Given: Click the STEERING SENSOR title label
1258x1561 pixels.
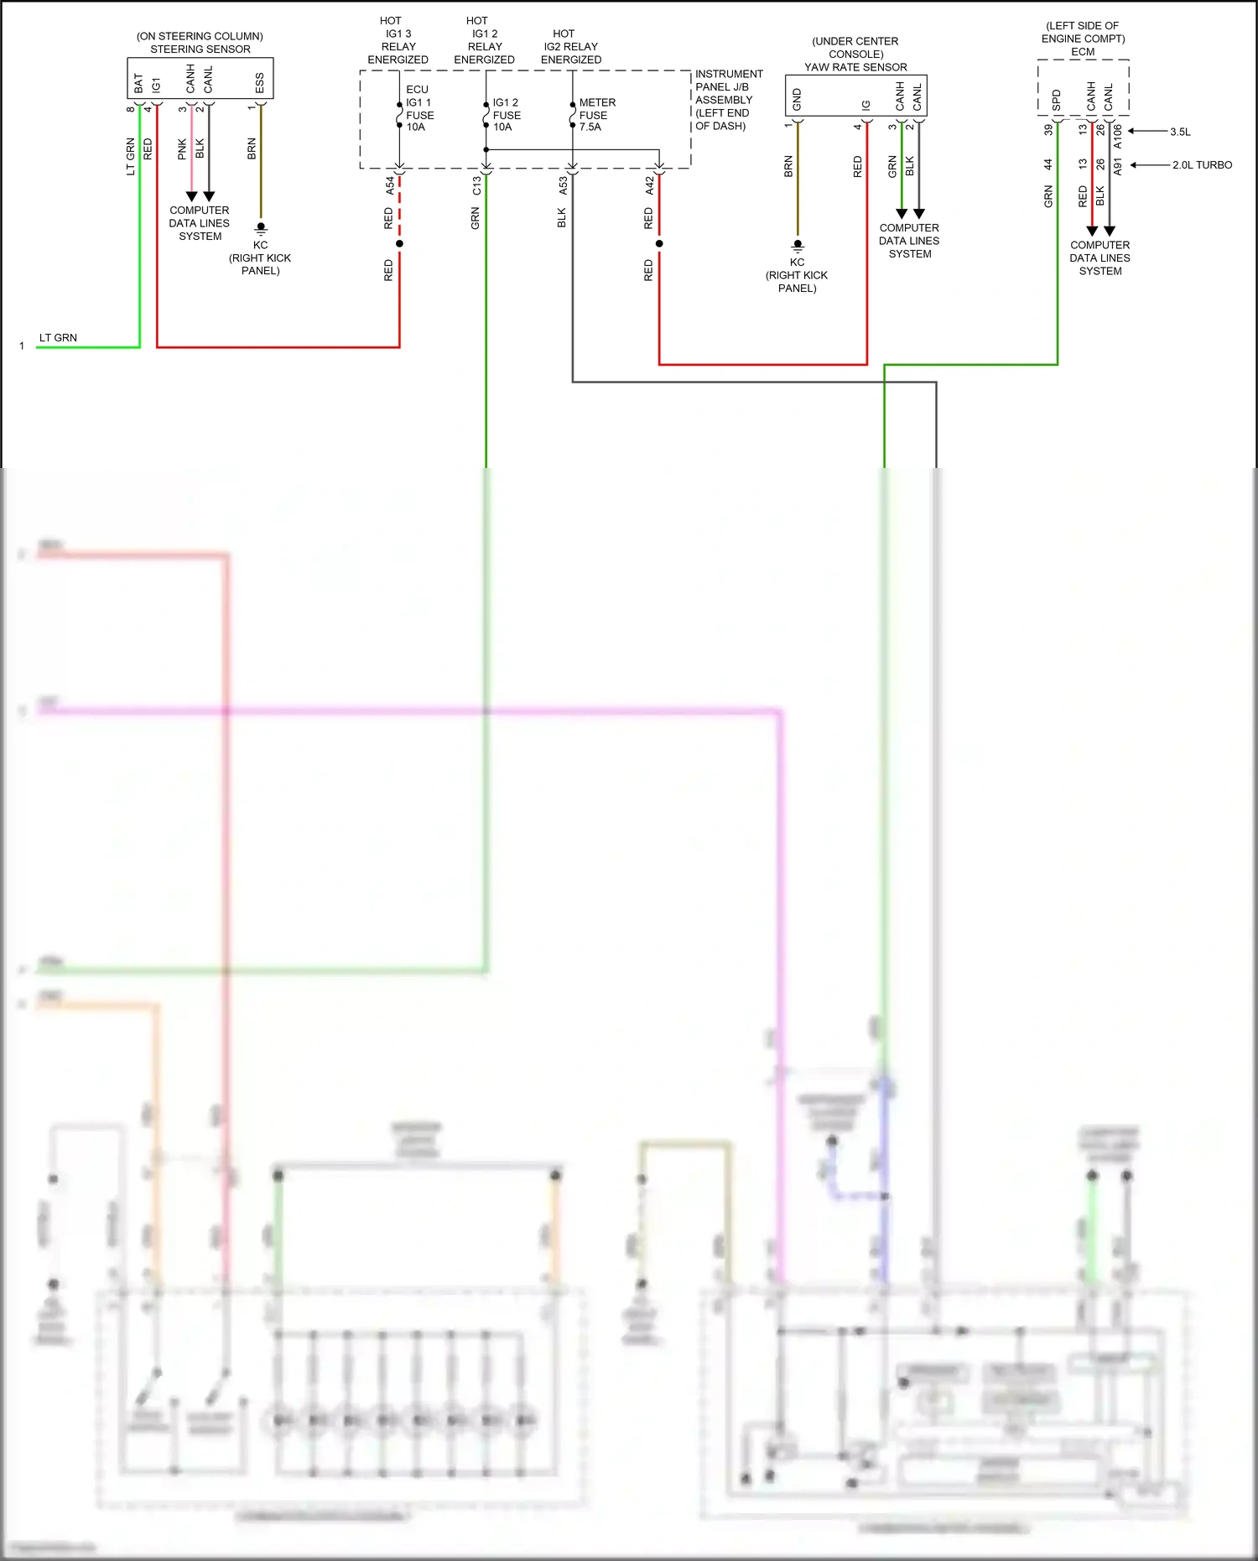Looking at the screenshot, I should pyautogui.click(x=200, y=49).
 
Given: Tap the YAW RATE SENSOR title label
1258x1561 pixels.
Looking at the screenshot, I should pyautogui.click(x=855, y=67).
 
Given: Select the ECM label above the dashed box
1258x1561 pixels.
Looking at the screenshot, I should pyautogui.click(x=1083, y=52).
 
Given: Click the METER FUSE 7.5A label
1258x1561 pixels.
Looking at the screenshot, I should pyautogui.click(x=596, y=115).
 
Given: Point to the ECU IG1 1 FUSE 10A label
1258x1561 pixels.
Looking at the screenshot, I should pyautogui.click(x=419, y=108).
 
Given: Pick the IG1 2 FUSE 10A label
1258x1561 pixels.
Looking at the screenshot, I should pyautogui.click(x=506, y=115).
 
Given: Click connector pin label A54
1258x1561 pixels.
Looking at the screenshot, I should pyautogui.click(x=390, y=185).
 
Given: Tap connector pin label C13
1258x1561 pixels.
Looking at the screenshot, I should pyautogui.click(x=476, y=185).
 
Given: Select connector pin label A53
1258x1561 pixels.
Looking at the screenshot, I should pyautogui.click(x=563, y=185).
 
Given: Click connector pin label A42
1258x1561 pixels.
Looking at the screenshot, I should pyautogui.click(x=649, y=185).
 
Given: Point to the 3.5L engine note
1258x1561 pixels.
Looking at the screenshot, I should pyautogui.click(x=1180, y=132).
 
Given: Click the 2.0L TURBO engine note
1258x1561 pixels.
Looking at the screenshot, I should pyautogui.click(x=1202, y=165).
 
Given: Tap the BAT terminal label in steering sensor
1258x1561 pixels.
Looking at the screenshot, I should pyautogui.click(x=138, y=83).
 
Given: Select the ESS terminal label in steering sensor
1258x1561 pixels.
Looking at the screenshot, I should pyautogui.click(x=259, y=83).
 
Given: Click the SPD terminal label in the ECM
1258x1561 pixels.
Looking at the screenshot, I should pyautogui.click(x=1056, y=101).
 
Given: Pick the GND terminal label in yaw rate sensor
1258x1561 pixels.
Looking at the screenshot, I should pyautogui.click(x=797, y=100).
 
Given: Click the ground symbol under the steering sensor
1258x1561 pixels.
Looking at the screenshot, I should pyautogui.click(x=261, y=227).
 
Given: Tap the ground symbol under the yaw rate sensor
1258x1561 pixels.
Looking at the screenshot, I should pyautogui.click(x=798, y=245).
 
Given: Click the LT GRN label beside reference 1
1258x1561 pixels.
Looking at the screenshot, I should pyautogui.click(x=58, y=338).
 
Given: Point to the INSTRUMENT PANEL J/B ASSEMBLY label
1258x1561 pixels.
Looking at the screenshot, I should pyautogui.click(x=728, y=100).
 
